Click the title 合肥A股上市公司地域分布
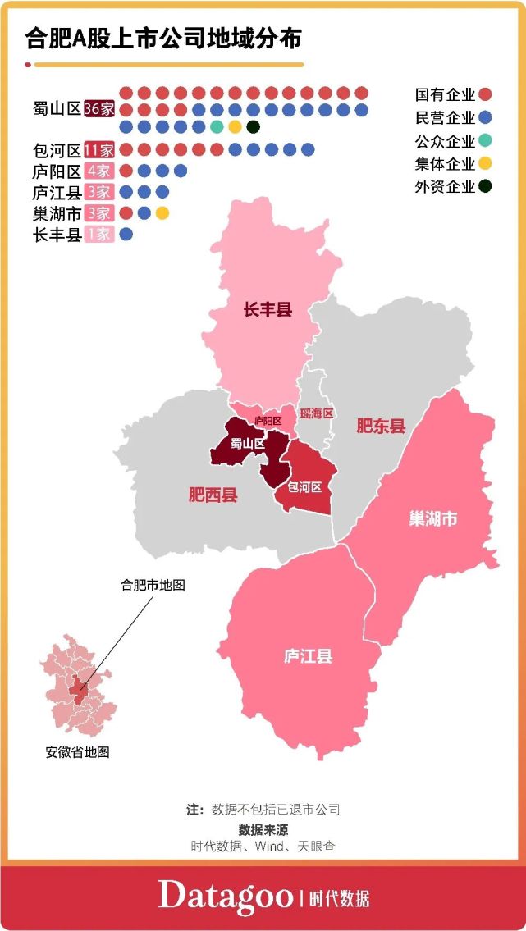pyautogui.click(x=163, y=39)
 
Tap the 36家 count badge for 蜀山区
pyautogui.click(x=99, y=109)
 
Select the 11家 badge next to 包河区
pyautogui.click(x=99, y=150)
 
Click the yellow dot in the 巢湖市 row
pyautogui.click(x=162, y=213)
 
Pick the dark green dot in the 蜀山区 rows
pyautogui.click(x=253, y=127)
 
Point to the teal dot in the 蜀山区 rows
pyautogui.click(x=217, y=127)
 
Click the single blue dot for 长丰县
pyautogui.click(x=126, y=235)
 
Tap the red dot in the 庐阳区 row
pyautogui.click(x=126, y=171)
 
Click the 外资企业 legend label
pyautogui.click(x=446, y=186)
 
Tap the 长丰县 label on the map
pyautogui.click(x=268, y=310)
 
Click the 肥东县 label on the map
pyautogui.click(x=381, y=426)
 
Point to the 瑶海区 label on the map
pyautogui.click(x=317, y=413)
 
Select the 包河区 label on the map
pyautogui.click(x=304, y=486)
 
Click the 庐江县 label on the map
pyautogui.click(x=308, y=657)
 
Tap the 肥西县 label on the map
pyautogui.click(x=213, y=495)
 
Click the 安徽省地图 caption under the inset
pyautogui.click(x=77, y=752)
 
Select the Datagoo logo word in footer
pyautogui.click(x=226, y=895)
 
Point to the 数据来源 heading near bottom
pyautogui.click(x=263, y=829)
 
